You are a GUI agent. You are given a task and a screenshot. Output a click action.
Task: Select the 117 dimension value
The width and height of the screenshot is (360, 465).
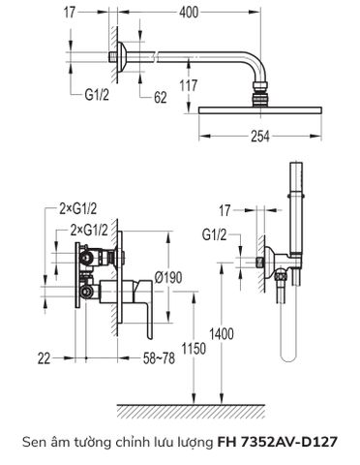click(x=188, y=85)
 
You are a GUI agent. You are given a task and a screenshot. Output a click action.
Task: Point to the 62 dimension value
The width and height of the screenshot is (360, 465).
click(x=161, y=96)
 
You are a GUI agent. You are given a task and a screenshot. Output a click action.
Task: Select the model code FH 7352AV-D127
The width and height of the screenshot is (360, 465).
click(x=278, y=442)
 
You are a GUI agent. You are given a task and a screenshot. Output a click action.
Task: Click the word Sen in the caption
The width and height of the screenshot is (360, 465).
click(x=33, y=442)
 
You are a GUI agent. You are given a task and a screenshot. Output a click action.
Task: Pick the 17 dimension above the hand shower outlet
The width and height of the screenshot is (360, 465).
click(x=225, y=208)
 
